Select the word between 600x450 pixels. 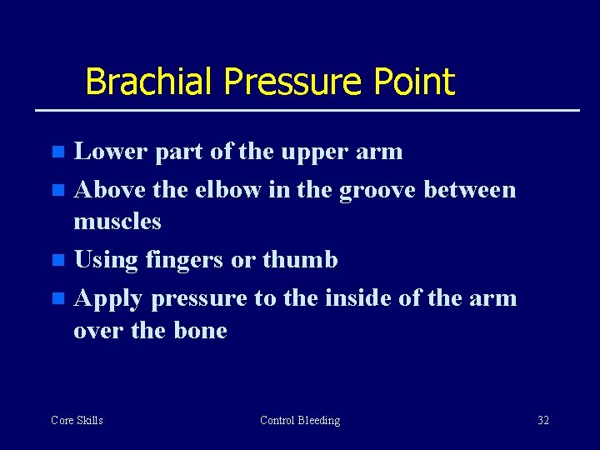(470, 190)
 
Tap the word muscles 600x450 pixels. (117, 222)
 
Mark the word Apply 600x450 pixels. (108, 298)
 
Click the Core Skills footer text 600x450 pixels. (77, 420)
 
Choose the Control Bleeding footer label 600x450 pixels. (300, 420)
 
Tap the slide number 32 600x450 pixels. (542, 420)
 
